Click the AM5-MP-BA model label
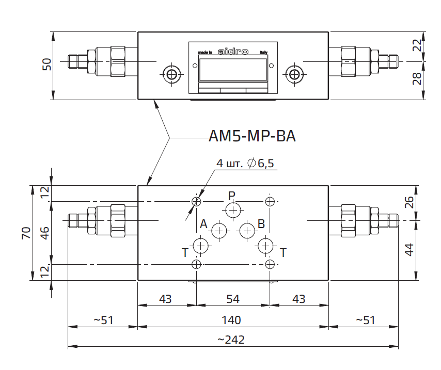252,136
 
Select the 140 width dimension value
231,320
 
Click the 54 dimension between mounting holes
233,299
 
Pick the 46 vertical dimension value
45,232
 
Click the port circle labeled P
232,210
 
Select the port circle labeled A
219,230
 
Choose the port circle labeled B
247,230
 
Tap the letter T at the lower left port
184,252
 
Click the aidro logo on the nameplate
233,52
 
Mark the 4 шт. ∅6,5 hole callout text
245,164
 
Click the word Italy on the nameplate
263,53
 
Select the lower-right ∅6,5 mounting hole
270,265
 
